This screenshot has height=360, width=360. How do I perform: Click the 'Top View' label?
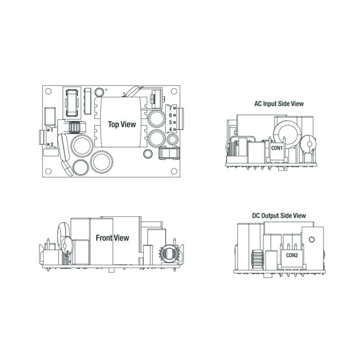coord(122,125)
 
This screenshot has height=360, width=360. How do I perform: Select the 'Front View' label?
coord(112,238)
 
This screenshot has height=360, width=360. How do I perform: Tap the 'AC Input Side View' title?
coord(279,104)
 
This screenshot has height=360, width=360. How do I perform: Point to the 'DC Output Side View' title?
coord(279,216)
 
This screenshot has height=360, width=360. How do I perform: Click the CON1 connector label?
coord(277,148)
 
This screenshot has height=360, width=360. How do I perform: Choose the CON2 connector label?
coord(292,255)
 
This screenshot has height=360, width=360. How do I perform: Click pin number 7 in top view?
coord(171,108)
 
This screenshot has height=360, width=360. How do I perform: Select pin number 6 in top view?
coord(171,115)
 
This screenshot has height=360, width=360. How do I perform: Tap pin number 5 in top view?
coord(171,122)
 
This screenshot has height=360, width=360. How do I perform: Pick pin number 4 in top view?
coord(171,129)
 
